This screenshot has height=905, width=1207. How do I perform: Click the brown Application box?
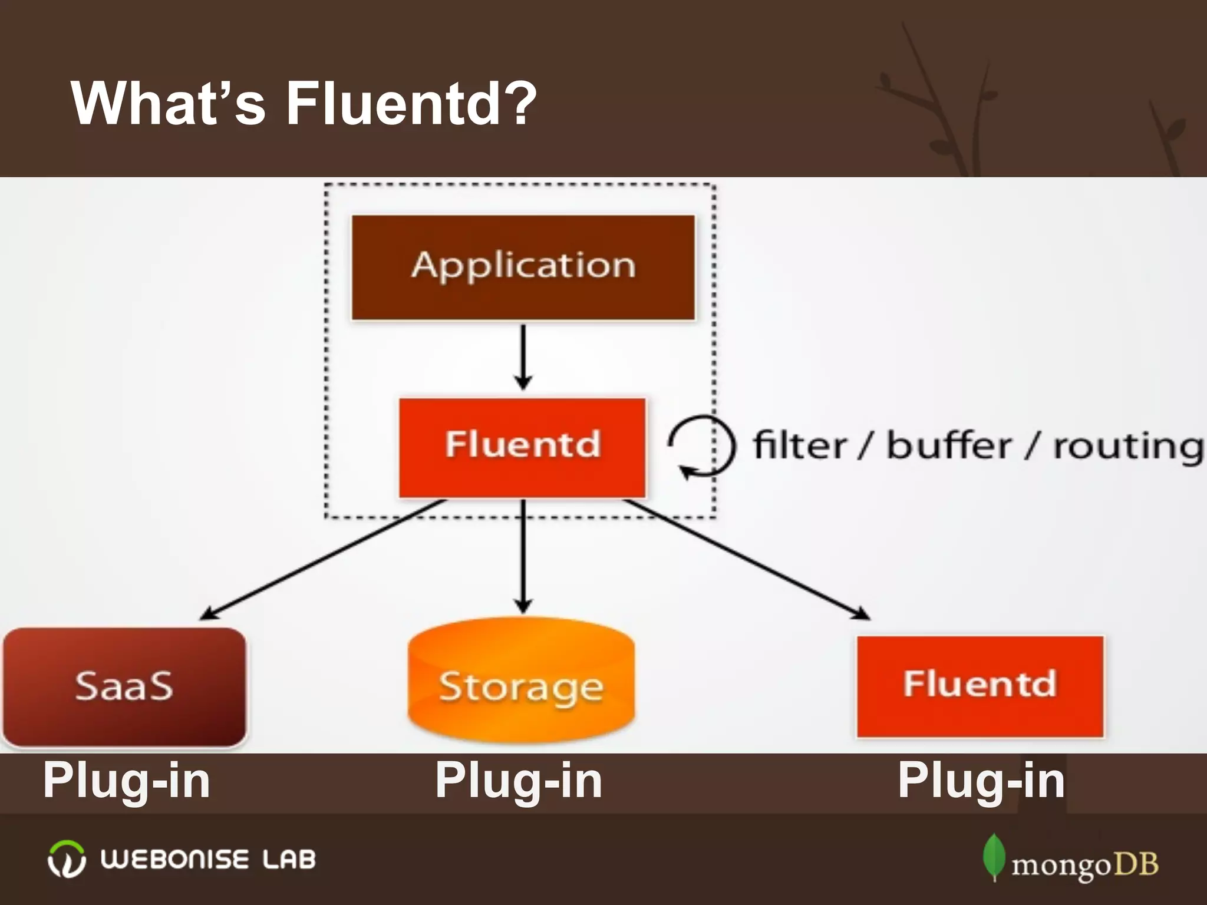[523, 267]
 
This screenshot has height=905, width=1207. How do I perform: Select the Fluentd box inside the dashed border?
[522, 447]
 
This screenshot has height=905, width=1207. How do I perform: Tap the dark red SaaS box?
[124, 686]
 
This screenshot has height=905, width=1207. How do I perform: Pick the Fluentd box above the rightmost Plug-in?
[980, 686]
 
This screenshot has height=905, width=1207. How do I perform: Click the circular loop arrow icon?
[701, 445]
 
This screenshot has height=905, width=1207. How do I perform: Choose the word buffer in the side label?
[948, 446]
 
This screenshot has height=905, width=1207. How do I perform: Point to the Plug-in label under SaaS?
[127, 781]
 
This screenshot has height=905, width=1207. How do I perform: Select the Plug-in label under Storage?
[519, 781]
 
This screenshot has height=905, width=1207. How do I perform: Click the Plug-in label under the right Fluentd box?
[981, 781]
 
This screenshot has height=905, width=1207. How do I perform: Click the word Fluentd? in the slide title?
[411, 103]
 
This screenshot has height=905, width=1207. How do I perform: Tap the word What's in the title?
[168, 103]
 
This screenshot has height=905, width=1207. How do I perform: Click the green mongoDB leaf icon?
[994, 857]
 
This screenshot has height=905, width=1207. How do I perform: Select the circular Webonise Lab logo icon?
[66, 859]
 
